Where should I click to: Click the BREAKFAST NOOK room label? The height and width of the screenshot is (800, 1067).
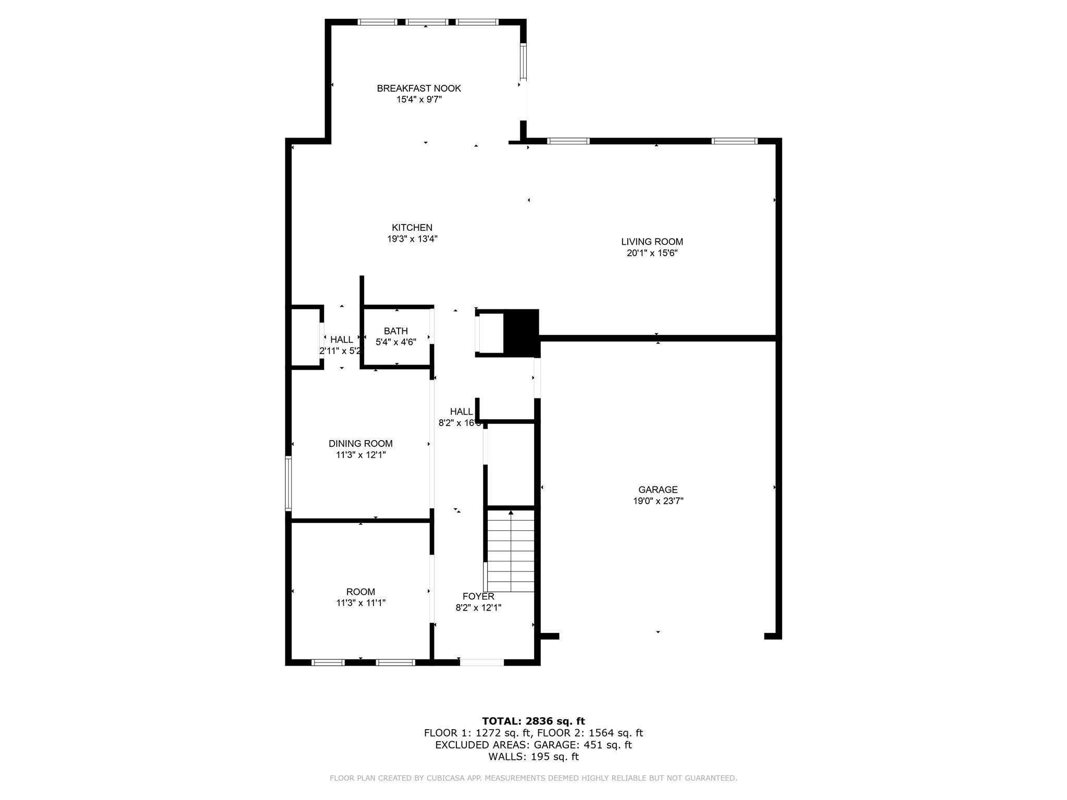419,89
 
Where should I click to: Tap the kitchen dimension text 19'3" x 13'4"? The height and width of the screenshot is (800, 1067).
412,239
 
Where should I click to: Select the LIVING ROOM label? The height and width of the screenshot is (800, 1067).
652,242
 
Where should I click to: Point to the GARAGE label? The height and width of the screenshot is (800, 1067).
658,490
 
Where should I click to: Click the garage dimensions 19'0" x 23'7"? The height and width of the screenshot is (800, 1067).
658,501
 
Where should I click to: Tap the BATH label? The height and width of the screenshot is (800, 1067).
395,331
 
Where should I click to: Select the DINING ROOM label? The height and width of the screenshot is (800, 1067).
361,444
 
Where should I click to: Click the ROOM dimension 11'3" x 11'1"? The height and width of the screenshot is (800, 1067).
361,603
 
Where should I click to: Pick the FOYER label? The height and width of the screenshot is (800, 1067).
478,596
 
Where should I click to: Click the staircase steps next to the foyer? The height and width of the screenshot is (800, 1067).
511,552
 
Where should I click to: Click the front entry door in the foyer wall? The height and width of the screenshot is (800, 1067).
482,662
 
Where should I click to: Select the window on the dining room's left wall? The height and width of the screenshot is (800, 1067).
288,483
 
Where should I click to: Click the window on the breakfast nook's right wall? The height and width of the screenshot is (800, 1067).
523,62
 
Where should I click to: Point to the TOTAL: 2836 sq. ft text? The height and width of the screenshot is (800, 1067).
533,721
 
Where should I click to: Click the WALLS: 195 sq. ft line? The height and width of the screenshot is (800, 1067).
533,757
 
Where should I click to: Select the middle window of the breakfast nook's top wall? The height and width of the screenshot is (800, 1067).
426,22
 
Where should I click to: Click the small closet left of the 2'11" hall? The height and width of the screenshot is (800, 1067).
305,337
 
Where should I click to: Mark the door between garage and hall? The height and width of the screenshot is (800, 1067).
537,378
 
